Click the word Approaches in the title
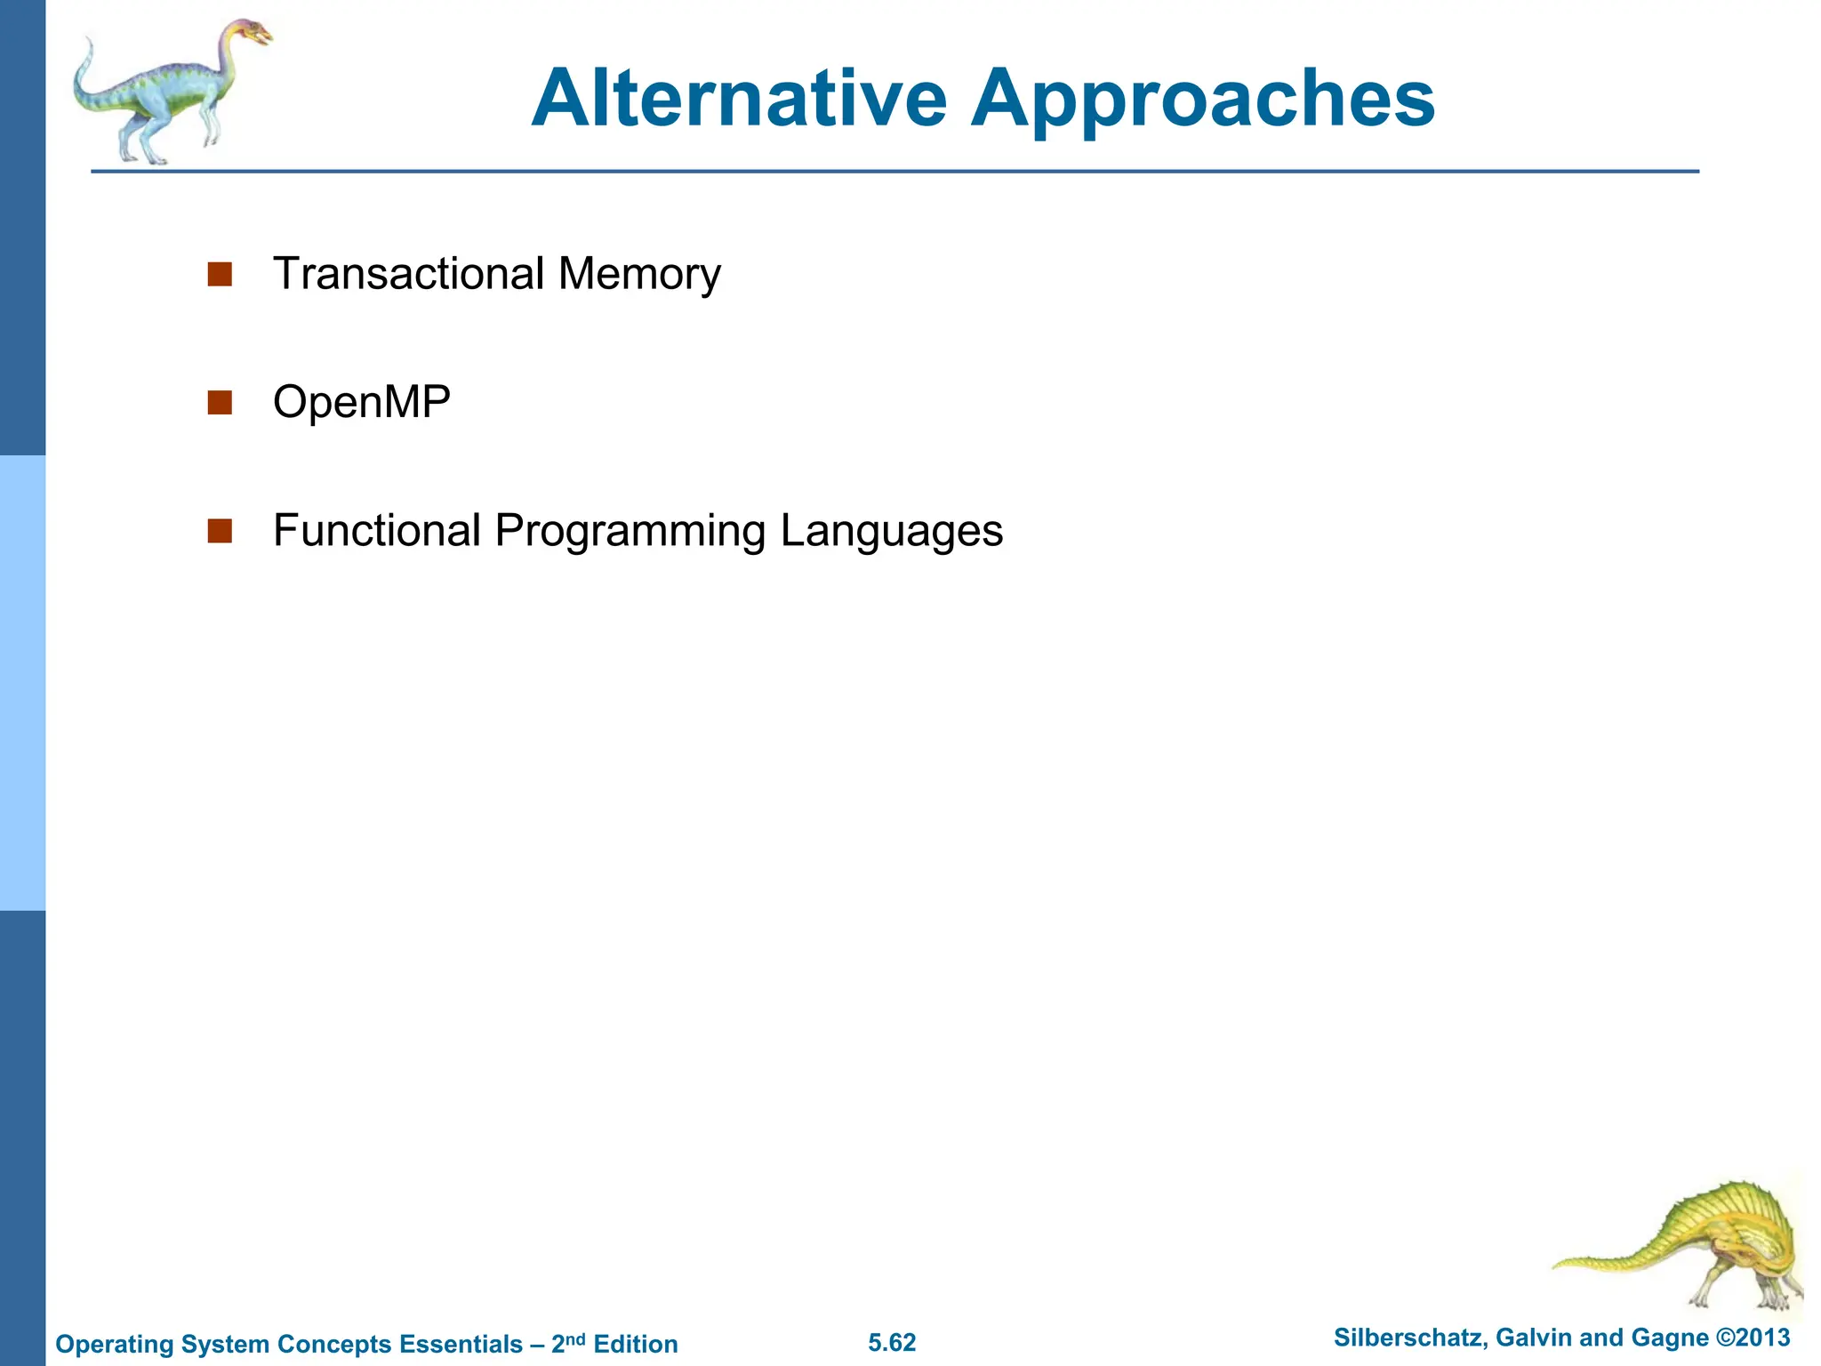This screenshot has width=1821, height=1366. (1202, 100)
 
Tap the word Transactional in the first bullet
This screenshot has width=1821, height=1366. (408, 273)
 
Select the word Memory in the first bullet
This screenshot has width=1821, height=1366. (639, 275)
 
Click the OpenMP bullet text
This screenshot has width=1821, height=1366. (362, 402)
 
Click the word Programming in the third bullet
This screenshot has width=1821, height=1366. (630, 532)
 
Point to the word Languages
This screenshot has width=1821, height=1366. (891, 532)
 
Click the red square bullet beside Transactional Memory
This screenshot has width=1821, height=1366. (220, 274)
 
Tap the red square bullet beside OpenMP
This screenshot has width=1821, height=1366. (220, 403)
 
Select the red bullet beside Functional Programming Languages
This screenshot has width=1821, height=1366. (220, 531)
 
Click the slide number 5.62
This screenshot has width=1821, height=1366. (892, 1343)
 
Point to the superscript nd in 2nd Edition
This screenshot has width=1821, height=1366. (575, 1338)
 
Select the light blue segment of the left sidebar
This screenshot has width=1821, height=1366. (22, 683)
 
